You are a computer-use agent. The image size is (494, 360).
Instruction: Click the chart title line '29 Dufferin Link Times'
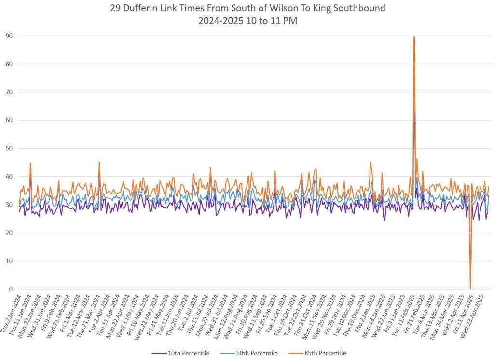point(247,8)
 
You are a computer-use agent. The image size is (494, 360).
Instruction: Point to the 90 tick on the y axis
point(9,36)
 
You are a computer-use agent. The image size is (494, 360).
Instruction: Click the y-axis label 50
point(9,148)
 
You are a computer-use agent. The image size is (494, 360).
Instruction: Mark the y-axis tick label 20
point(9,233)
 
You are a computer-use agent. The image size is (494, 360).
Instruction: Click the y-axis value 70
point(9,92)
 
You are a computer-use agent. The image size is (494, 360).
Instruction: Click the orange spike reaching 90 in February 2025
point(414,38)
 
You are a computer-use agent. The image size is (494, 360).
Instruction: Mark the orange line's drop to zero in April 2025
point(470,288)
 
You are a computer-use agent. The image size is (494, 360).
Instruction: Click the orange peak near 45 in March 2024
point(99,163)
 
